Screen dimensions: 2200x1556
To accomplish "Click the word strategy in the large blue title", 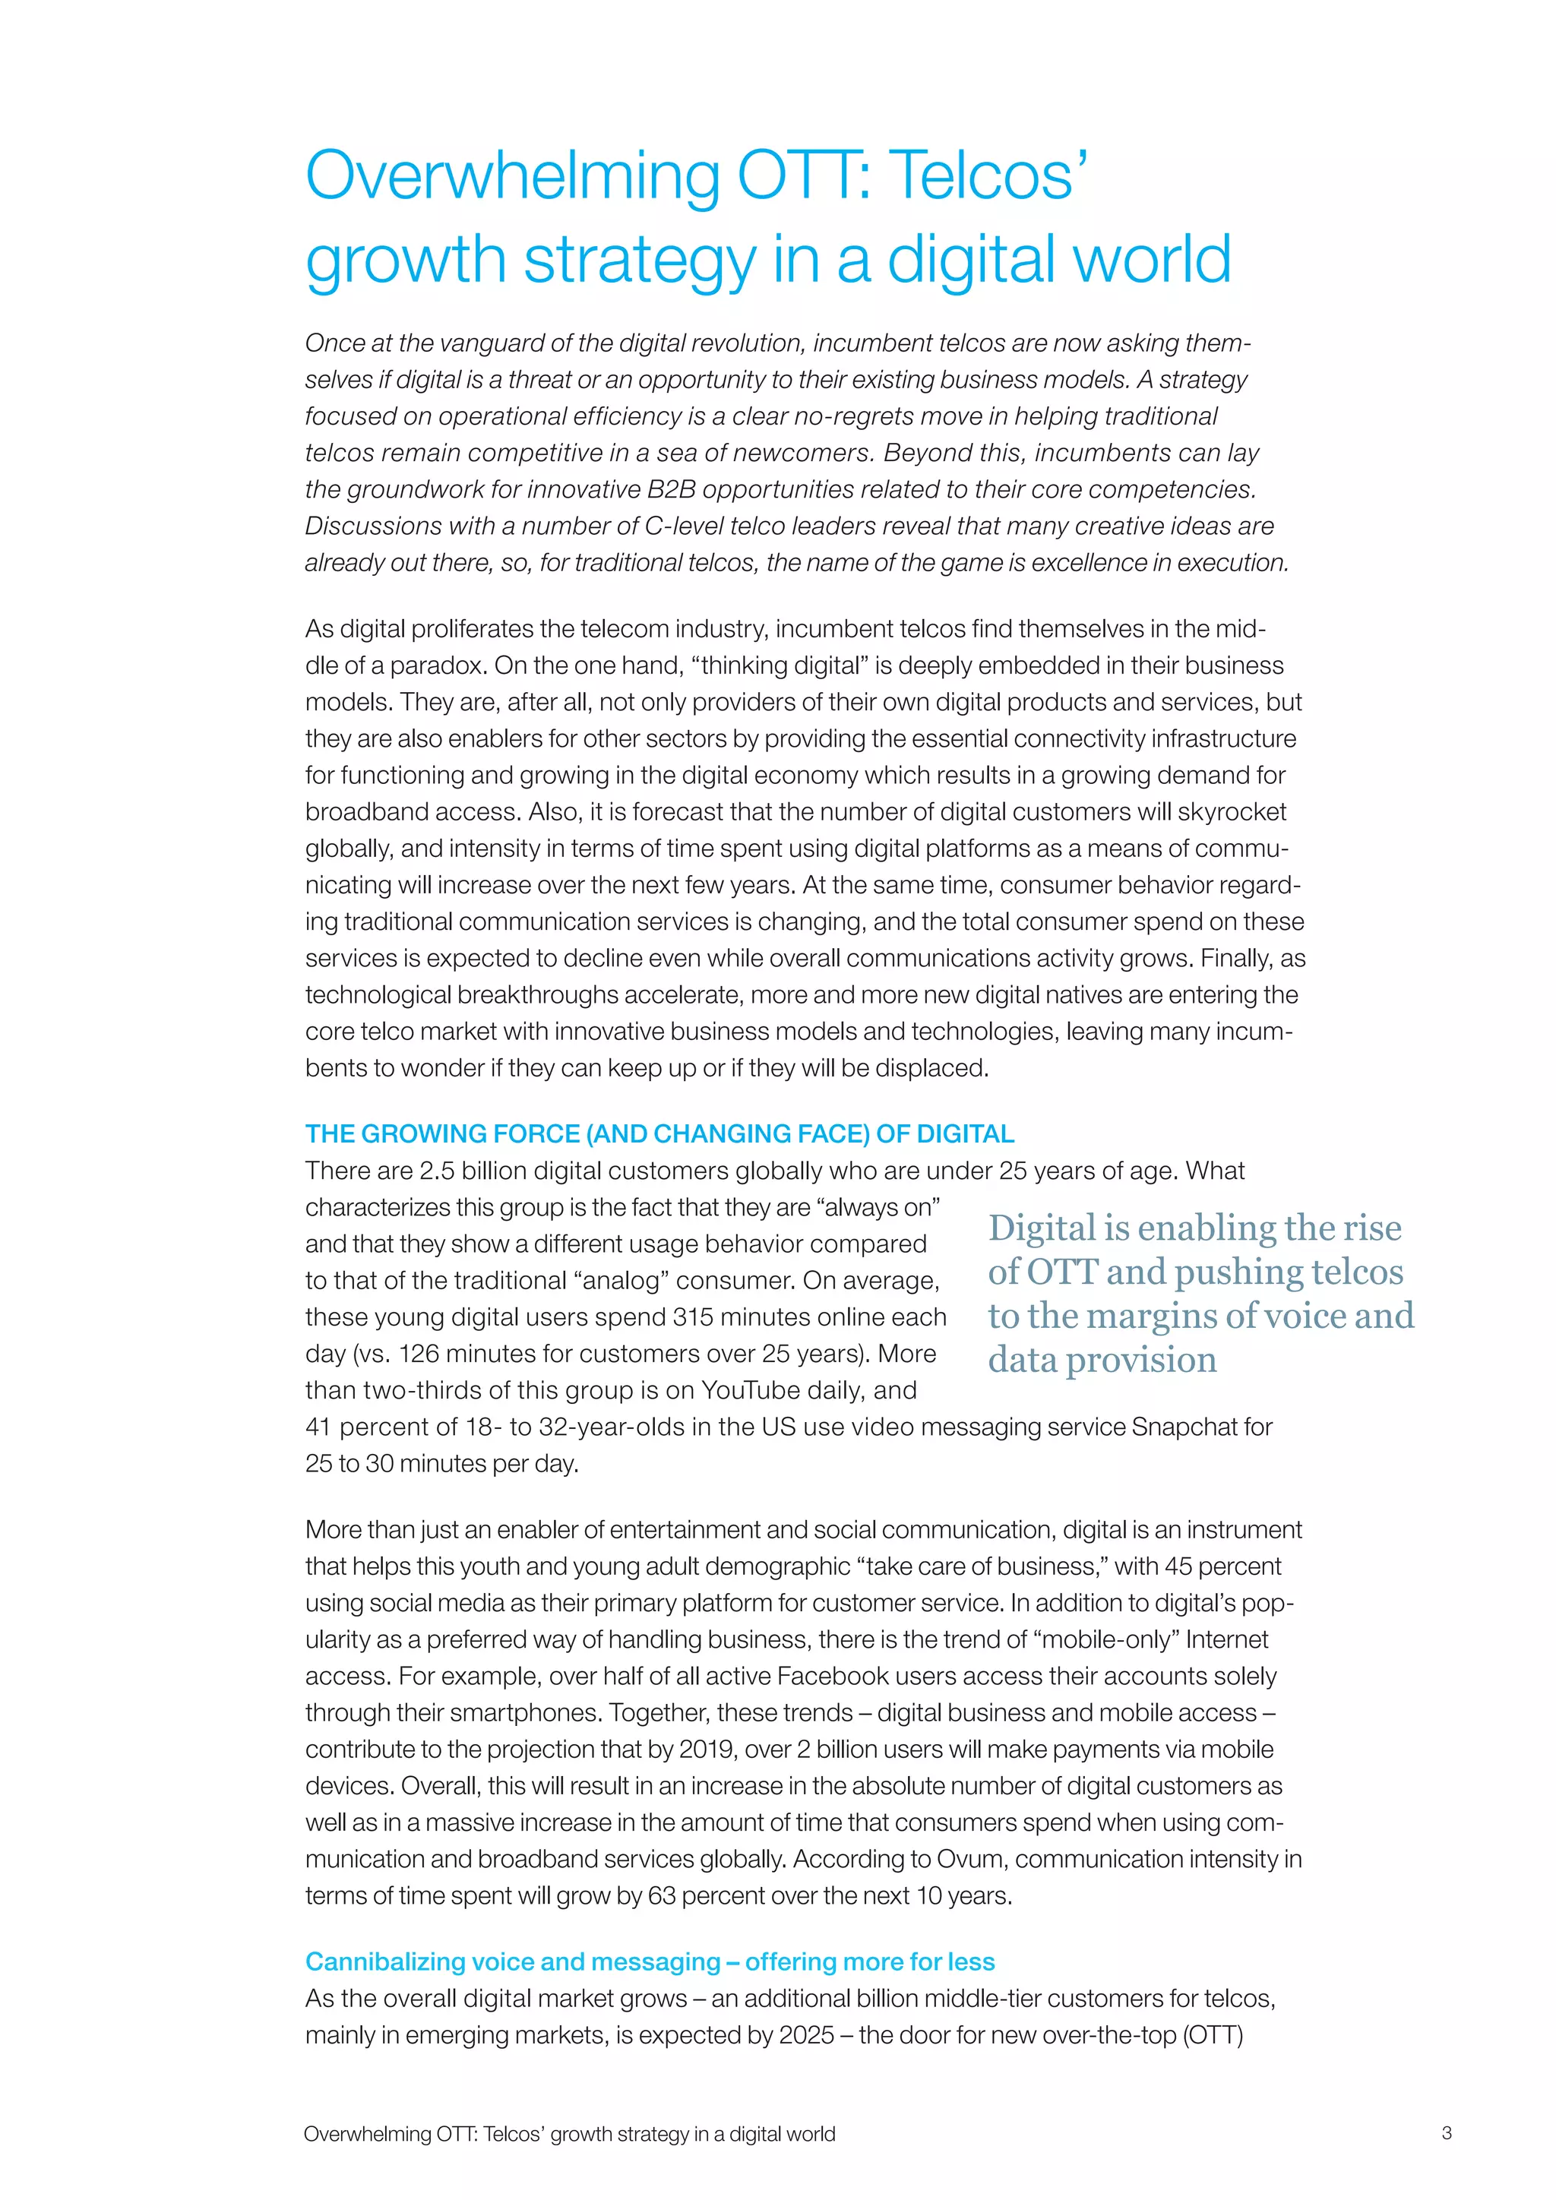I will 639,261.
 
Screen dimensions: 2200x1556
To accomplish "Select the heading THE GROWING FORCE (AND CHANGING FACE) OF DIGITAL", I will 659,1133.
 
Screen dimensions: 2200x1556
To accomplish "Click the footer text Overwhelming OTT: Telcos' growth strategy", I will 569,2134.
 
